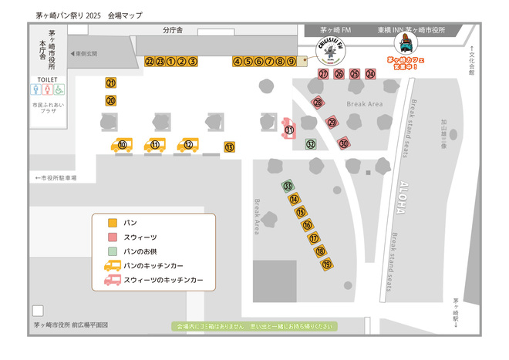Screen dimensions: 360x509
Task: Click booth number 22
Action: [x=149, y=61]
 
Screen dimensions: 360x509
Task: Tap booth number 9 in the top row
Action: [x=292, y=61]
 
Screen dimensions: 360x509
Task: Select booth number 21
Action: [x=111, y=83]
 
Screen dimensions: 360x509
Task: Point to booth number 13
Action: [x=229, y=146]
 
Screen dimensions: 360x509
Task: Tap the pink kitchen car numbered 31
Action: [x=288, y=130]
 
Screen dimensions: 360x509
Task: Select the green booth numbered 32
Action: [x=310, y=143]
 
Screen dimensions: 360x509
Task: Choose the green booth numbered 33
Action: [x=288, y=186]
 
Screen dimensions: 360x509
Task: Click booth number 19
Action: [x=327, y=264]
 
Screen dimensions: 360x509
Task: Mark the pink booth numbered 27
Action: [x=323, y=74]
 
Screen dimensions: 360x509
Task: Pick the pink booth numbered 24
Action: [x=370, y=74]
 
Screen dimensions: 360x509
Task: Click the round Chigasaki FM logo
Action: [x=331, y=52]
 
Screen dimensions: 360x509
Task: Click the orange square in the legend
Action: [x=113, y=223]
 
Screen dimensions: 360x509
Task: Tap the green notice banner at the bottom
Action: [x=255, y=327]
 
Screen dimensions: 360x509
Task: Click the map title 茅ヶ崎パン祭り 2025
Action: [x=69, y=15]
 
